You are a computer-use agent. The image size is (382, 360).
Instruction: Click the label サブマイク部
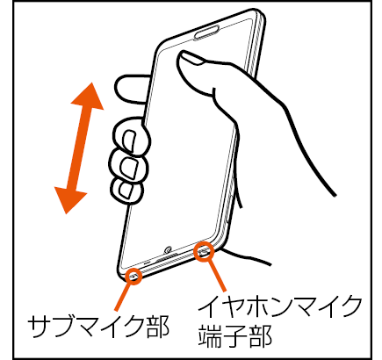click(98, 326)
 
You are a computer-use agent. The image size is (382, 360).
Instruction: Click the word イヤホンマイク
click(279, 307)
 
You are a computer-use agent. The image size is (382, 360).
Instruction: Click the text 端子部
click(235, 335)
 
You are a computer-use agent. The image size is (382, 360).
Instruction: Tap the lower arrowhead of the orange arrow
click(69, 200)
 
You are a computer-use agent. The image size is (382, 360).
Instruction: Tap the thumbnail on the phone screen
click(191, 57)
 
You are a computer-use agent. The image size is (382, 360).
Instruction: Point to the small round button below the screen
click(168, 249)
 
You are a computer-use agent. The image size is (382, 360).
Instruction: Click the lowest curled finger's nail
click(126, 190)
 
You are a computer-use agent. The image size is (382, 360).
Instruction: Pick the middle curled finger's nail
click(129, 168)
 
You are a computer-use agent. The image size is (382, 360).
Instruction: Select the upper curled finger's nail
click(129, 140)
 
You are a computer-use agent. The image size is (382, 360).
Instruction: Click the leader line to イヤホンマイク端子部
click(217, 275)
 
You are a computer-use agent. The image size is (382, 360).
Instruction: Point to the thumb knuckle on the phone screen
click(217, 91)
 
